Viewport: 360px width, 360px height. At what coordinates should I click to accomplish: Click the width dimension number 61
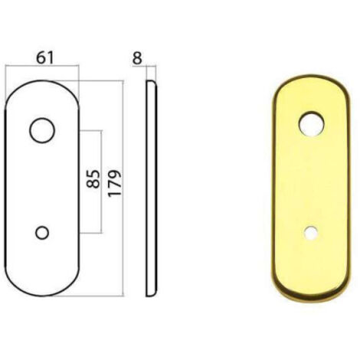point(45,57)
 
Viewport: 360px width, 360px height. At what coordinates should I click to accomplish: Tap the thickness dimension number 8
point(137,58)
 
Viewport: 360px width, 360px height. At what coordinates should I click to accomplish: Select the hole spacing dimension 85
point(93,179)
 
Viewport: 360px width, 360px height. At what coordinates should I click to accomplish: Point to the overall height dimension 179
point(114,183)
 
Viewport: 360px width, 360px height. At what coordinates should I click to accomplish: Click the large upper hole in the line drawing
point(42,118)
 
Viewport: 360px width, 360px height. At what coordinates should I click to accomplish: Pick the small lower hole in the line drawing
point(42,227)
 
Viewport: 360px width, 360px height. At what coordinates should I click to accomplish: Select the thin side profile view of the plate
point(152,188)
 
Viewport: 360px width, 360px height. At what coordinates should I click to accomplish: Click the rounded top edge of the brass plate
point(311,76)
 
